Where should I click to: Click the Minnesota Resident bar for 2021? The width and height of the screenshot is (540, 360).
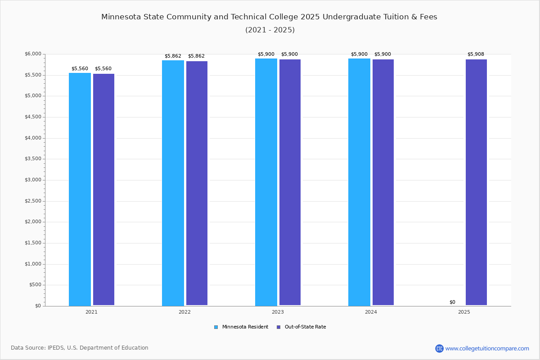[x=80, y=189]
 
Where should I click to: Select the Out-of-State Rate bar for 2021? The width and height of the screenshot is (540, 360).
[x=103, y=189]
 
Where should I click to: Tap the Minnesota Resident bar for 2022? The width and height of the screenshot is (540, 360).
[x=173, y=183]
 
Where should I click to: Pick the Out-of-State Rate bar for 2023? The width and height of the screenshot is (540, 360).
[x=290, y=182]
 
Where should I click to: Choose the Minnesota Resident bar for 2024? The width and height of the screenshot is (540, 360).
[x=359, y=182]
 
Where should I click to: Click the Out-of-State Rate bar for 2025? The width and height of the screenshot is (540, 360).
[x=476, y=182]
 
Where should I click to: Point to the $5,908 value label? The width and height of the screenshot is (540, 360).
[x=476, y=54]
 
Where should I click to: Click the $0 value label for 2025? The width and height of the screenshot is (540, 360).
[x=452, y=302]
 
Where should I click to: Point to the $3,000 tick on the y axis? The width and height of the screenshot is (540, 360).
[x=33, y=180]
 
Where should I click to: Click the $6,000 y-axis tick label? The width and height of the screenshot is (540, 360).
[x=33, y=54]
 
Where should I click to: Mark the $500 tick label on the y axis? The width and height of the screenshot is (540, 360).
[x=35, y=285]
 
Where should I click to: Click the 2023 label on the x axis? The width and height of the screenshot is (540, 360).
[x=278, y=312]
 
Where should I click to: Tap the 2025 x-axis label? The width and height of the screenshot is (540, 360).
[x=464, y=312]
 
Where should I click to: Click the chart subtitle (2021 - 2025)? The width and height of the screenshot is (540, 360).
[x=270, y=30]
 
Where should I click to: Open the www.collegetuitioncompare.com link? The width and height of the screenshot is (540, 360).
[x=487, y=348]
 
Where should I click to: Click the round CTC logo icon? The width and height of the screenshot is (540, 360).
[x=439, y=348]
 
